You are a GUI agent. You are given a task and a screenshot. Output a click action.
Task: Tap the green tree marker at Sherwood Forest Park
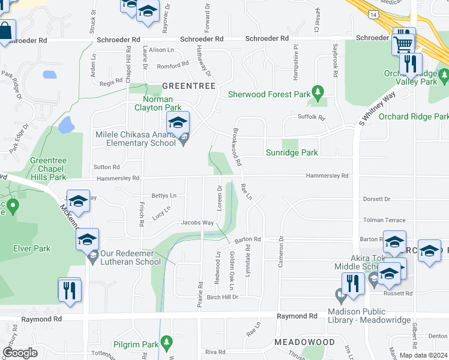coord(319,93)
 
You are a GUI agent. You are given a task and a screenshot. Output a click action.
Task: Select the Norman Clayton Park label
coord(158,103)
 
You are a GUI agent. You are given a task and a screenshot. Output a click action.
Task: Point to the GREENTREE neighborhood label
coord(188,86)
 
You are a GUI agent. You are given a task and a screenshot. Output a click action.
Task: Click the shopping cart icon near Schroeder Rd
coord(403,43)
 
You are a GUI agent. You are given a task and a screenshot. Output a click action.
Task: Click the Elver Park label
coord(32,248)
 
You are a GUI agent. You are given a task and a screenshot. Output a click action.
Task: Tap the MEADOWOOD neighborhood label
coord(305,341)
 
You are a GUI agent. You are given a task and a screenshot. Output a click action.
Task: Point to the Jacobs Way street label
coord(198,223)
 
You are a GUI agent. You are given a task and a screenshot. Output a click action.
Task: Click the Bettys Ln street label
coord(164,196)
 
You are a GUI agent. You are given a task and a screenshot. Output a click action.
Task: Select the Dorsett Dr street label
coord(376,199)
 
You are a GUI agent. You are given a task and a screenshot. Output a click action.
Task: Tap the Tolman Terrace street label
coord(384,220)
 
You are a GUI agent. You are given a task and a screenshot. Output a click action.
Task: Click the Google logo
coord(20,353)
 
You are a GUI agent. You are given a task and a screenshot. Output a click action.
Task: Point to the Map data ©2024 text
coord(423,355)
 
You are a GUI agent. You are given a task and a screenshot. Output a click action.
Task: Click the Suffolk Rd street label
coord(311,117)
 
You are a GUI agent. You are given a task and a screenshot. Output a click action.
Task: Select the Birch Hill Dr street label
coord(223,297)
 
